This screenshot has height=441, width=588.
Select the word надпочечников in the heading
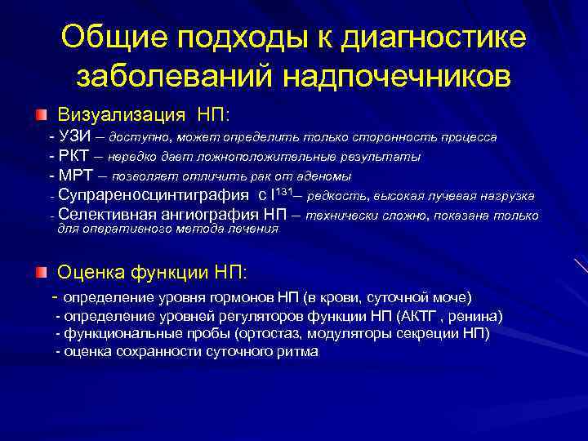coord(397,75)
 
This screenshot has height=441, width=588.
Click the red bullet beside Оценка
coord(41,270)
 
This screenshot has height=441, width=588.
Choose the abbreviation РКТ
coord(75,155)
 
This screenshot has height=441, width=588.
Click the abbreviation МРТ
coord(76,175)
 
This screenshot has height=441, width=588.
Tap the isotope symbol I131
coord(280,194)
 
